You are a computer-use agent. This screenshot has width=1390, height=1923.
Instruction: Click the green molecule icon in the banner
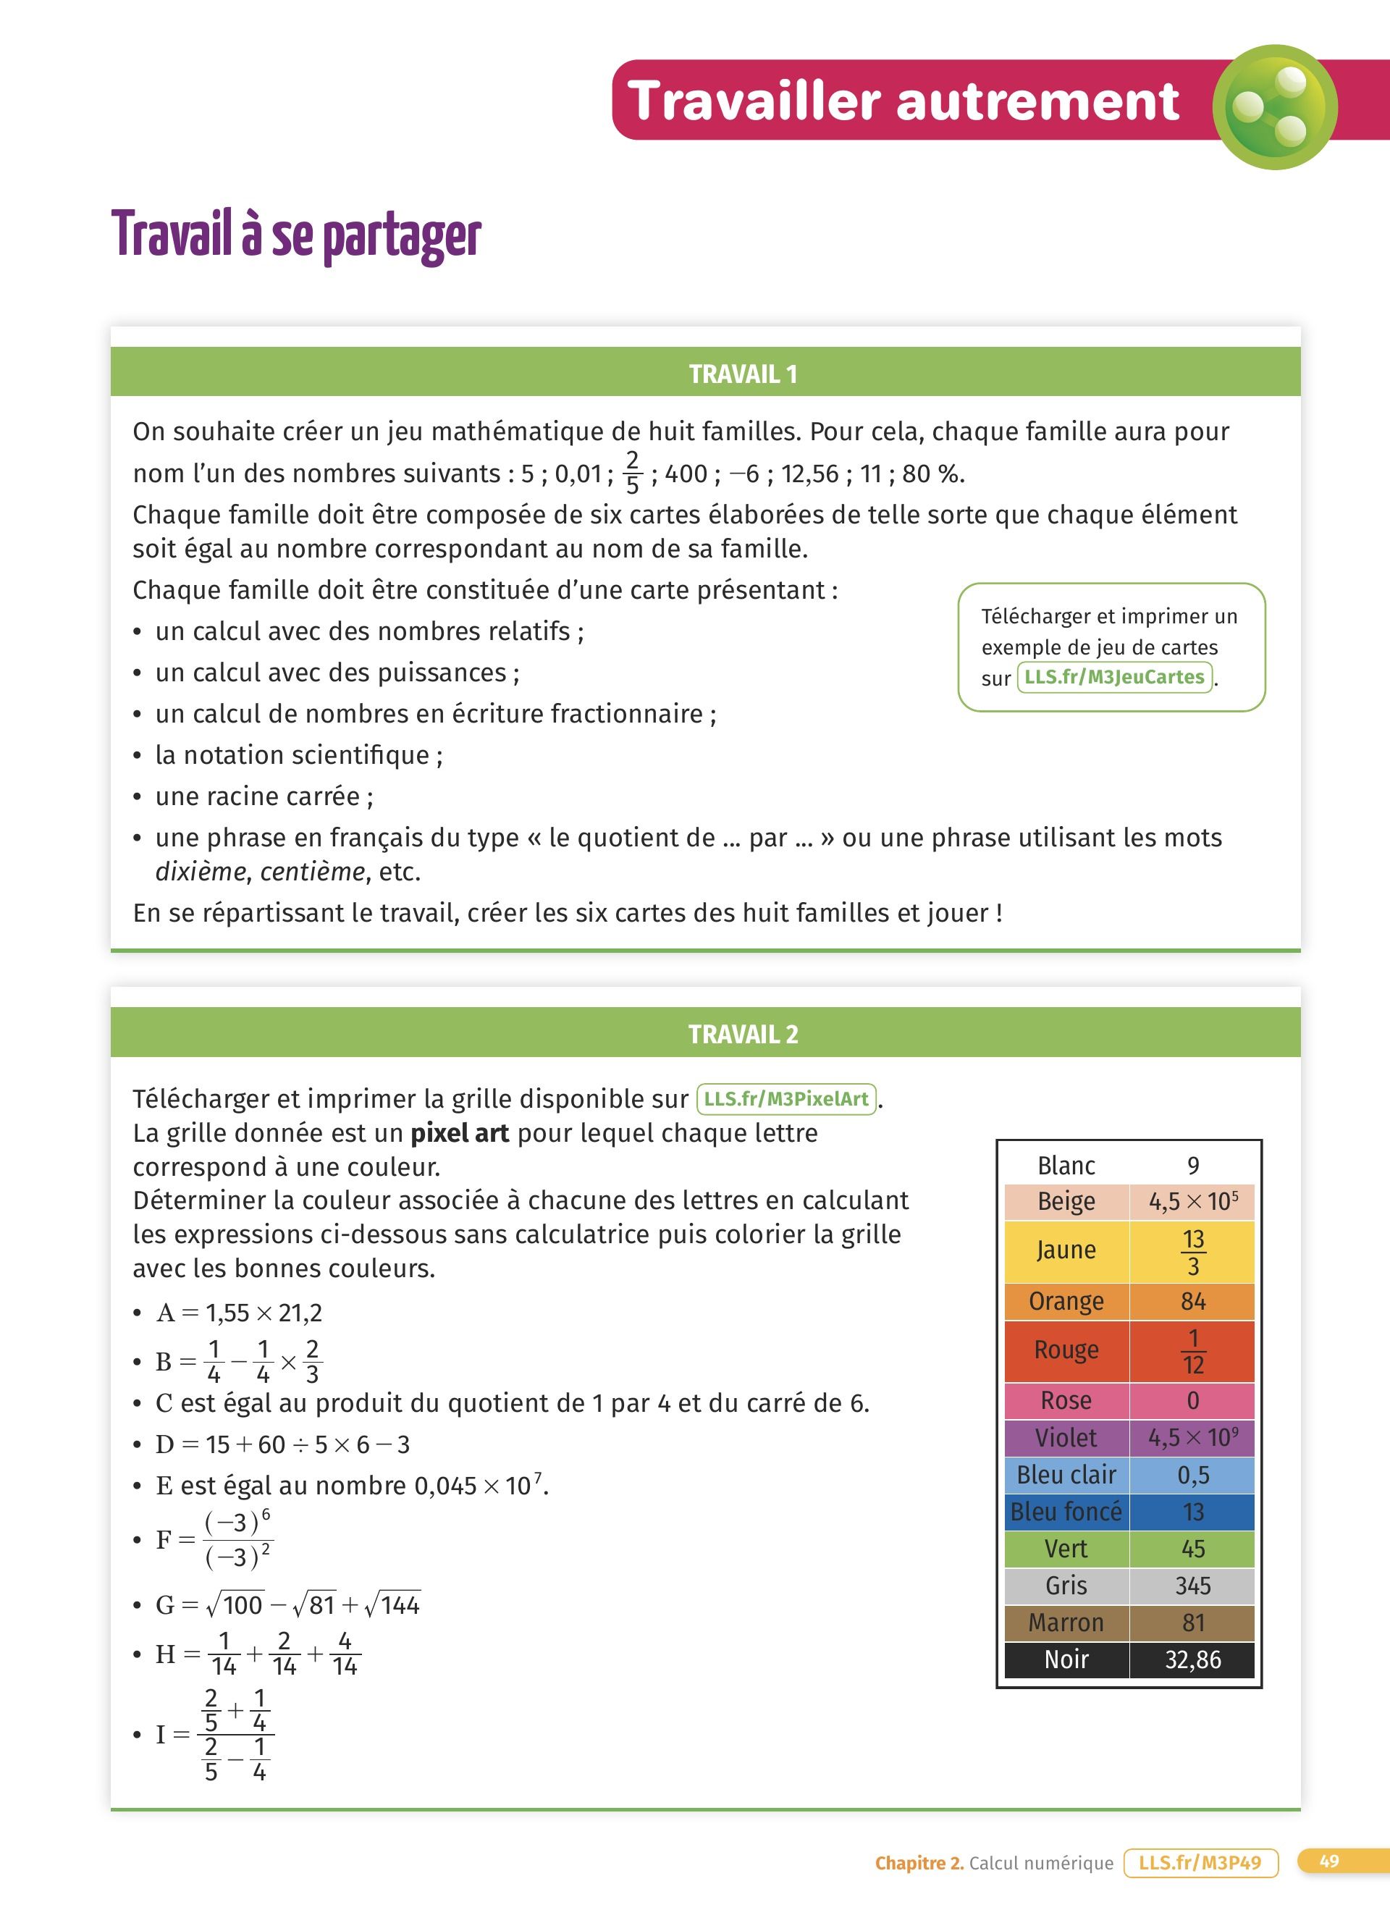1274,107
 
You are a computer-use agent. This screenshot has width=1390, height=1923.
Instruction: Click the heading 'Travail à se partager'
296,234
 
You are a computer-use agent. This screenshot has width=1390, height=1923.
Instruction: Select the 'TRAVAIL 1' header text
743,374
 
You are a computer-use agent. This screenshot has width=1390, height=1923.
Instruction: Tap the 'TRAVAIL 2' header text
743,1035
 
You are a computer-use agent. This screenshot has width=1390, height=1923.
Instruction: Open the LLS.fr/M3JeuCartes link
1113,677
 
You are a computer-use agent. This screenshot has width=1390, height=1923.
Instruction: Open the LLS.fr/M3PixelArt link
785,1099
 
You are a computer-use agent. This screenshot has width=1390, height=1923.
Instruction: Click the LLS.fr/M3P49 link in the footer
1200,1863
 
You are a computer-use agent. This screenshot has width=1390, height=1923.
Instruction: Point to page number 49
1329,1861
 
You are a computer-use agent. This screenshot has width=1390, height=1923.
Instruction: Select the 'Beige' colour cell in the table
1066,1201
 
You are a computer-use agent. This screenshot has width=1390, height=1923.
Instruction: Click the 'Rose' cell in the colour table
1066,1400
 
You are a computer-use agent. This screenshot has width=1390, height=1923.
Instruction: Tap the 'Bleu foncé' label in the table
1066,1511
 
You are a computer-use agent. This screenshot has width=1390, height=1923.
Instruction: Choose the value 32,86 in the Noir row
1192,1659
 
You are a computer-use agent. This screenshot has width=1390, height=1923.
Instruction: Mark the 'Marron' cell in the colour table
1066,1622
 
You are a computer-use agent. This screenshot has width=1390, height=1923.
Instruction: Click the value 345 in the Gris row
1192,1586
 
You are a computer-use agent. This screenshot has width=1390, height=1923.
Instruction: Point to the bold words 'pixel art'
460,1133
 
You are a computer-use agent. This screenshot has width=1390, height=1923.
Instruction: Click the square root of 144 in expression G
392,1604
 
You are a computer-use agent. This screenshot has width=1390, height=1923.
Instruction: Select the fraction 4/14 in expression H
344,1654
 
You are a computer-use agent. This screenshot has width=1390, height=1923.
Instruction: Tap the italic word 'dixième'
200,872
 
